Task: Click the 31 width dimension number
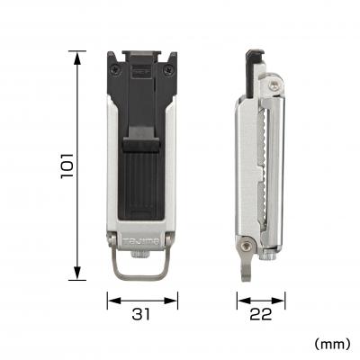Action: [x=142, y=314]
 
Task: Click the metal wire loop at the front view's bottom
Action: [x=142, y=267]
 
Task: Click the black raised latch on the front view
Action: [x=142, y=142]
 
